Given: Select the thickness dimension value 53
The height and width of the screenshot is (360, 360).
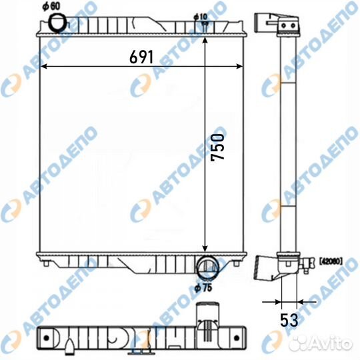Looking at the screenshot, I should pyautogui.click(x=289, y=320).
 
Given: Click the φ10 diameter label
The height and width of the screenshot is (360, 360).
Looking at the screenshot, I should pyautogui.click(x=201, y=15).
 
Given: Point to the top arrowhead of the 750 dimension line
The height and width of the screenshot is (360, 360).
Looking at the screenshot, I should pyautogui.click(x=205, y=33).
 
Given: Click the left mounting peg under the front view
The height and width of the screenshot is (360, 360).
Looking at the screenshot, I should pyautogui.click(x=45, y=265).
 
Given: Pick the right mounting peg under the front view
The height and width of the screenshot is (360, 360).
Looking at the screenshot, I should pyautogui.click(x=235, y=265).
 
